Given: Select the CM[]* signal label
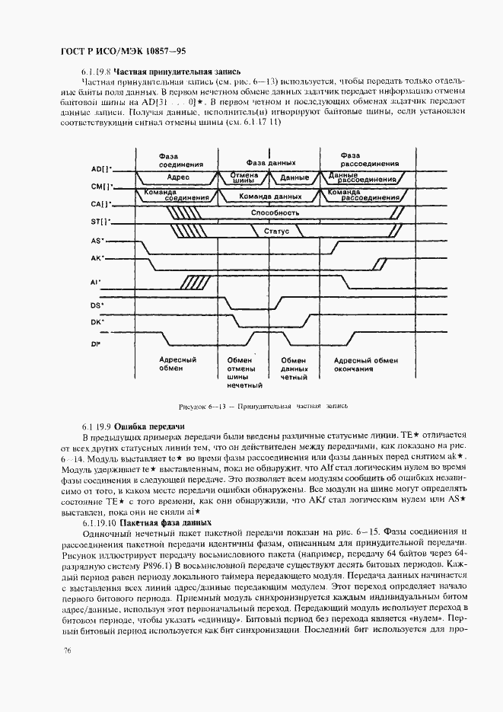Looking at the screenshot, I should [101, 186].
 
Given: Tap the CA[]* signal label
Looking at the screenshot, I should [101, 204].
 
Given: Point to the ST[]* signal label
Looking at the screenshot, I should [101, 222].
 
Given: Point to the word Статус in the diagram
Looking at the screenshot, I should [275, 231].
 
